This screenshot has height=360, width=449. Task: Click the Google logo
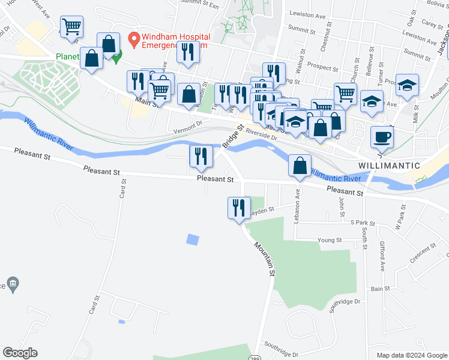pos(20,353)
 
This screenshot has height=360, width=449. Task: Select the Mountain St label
pos(264,259)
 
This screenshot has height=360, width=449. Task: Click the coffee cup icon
pos(382,137)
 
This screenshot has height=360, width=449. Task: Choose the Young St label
pos(330,240)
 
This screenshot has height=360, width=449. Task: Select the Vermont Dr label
pos(188,128)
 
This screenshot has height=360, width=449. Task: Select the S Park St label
pos(362,223)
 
